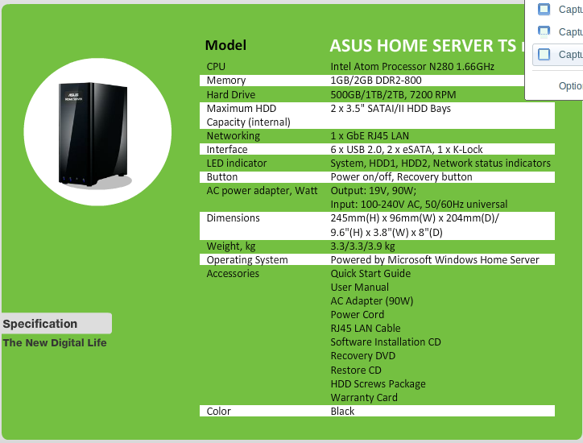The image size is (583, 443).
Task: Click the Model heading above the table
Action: pos(225,45)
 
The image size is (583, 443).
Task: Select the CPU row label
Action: pos(216,67)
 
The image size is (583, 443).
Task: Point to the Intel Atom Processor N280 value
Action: pos(412,67)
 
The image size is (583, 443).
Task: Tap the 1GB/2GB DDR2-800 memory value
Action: pos(376,81)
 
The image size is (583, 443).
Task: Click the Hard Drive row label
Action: pos(230,94)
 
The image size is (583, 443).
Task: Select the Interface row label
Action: pos(227,150)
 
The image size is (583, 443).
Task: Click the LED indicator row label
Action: pos(236,164)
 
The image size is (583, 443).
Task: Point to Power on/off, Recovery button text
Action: pos(401,177)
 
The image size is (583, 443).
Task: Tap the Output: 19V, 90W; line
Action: pos(373,191)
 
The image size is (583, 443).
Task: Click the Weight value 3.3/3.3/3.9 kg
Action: pos(362,246)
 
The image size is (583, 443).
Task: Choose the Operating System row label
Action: pos(246,260)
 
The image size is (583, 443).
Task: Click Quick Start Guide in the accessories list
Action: pos(370,274)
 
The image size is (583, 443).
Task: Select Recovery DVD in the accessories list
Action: pos(362,356)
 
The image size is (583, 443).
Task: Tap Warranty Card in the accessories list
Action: pos(364,398)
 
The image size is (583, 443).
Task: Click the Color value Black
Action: pos(343,412)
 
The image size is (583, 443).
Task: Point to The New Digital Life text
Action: pos(55,343)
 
